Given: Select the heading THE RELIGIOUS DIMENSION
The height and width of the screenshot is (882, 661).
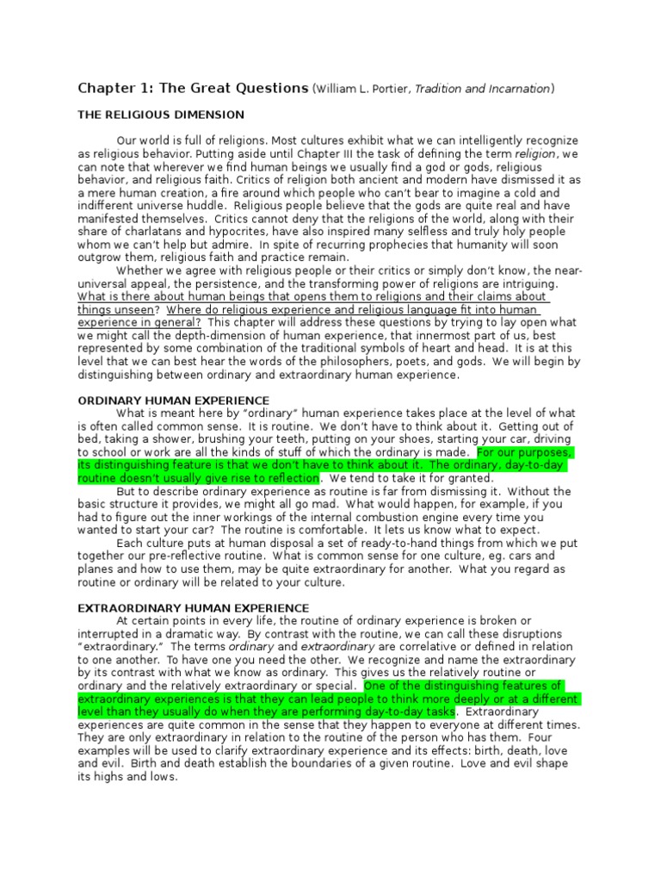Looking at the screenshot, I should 161,115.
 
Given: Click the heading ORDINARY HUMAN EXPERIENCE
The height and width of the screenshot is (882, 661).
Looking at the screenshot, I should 174,401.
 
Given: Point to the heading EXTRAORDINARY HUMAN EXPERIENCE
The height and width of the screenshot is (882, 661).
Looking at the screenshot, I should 193,608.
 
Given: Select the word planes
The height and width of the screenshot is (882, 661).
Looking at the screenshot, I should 96,570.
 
